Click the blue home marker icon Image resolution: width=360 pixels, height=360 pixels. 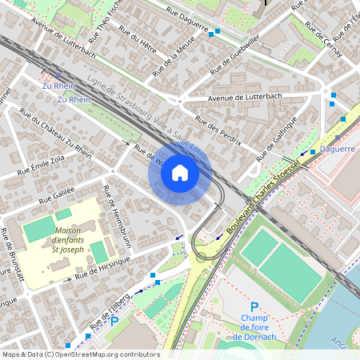click(x=180, y=173)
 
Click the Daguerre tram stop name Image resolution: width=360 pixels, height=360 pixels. click(x=337, y=149)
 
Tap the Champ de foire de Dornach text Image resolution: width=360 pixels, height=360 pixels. click(x=254, y=326)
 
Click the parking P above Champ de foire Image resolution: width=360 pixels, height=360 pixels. click(x=254, y=307)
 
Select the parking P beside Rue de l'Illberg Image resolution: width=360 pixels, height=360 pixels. click(x=114, y=321)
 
